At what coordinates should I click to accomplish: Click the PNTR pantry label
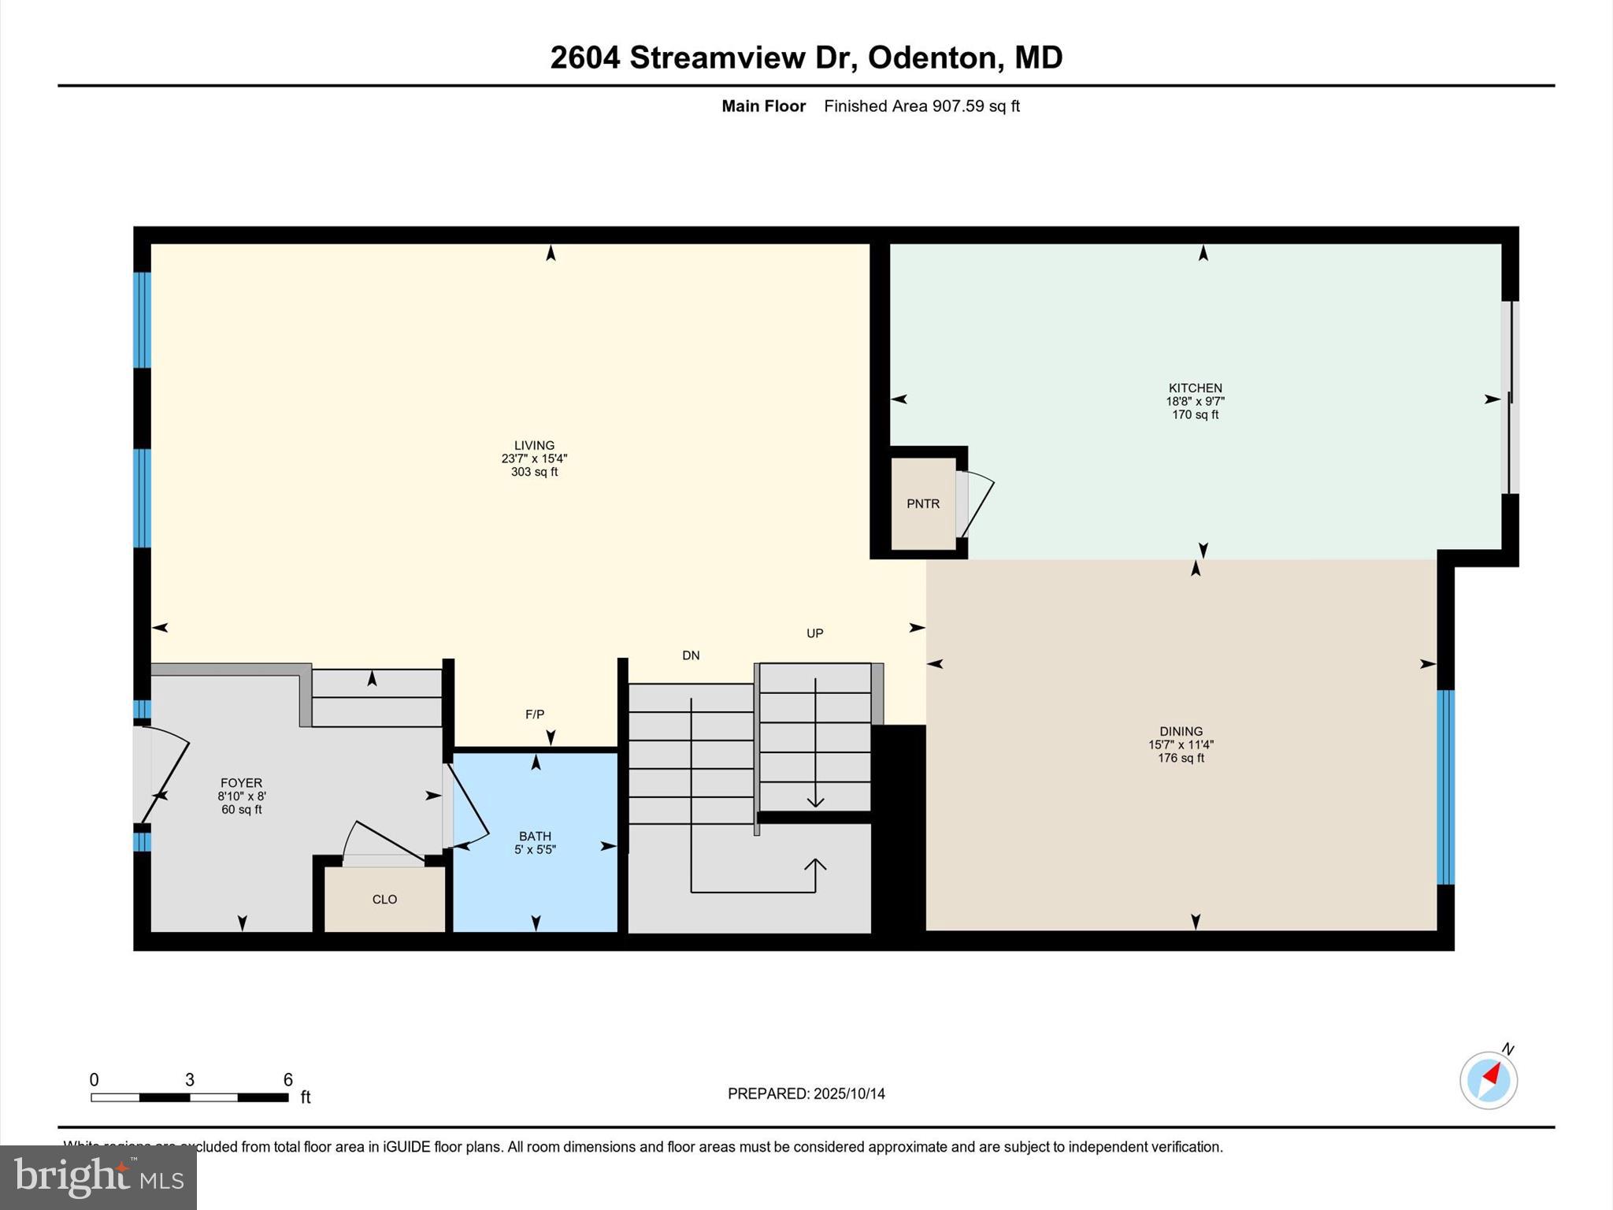(923, 504)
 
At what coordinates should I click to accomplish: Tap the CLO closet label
(384, 900)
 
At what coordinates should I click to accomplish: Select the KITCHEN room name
(1195, 388)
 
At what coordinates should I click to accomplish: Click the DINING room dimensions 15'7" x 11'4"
(1181, 744)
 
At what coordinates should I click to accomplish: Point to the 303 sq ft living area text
(534, 472)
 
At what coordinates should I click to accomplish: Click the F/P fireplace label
(535, 714)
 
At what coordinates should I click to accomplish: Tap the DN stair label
(691, 655)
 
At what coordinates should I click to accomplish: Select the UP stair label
(814, 633)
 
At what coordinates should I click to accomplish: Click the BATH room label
(535, 836)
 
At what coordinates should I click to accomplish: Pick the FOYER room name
(241, 783)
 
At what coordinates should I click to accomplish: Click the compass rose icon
(1488, 1081)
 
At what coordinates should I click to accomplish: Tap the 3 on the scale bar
(190, 1080)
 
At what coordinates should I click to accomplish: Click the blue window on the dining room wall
(1445, 787)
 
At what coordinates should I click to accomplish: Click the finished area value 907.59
(958, 106)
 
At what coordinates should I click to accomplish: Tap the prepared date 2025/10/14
(849, 1093)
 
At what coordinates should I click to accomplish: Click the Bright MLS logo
(98, 1177)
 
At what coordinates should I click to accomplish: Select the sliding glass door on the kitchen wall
(1509, 398)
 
